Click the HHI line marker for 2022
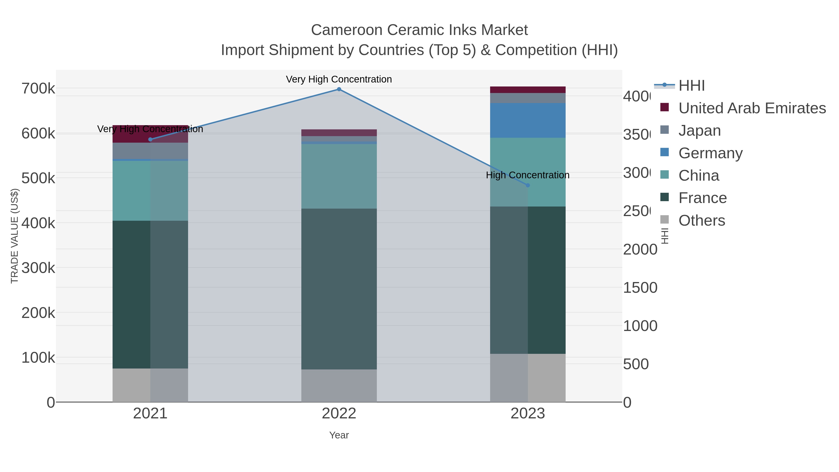(x=339, y=89)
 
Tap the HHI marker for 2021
(x=150, y=139)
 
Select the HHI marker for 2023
(x=528, y=185)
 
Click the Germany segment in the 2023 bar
(x=528, y=121)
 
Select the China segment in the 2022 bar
(x=339, y=176)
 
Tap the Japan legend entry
(x=699, y=131)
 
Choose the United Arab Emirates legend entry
(x=752, y=108)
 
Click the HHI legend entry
(x=691, y=86)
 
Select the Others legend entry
(x=701, y=220)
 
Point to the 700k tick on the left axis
(x=38, y=89)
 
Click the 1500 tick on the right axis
(x=640, y=288)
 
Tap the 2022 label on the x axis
(x=339, y=413)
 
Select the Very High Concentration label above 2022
(x=339, y=79)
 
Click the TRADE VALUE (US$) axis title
(x=15, y=236)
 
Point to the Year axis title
(x=339, y=435)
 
